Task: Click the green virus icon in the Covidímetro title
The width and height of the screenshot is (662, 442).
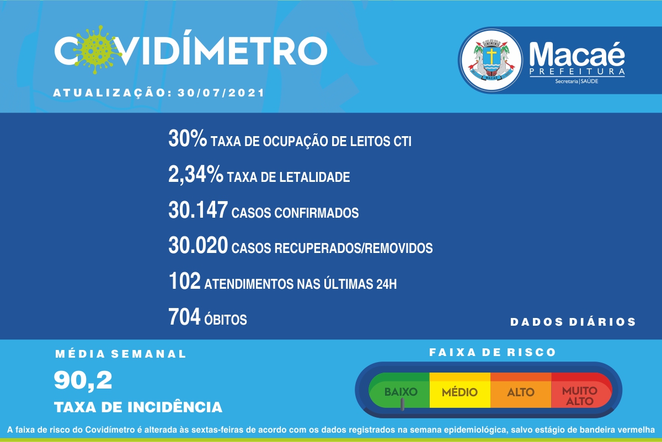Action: click(x=96, y=50)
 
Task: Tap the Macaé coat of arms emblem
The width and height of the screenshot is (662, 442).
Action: click(x=492, y=60)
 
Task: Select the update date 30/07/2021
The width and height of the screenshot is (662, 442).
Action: click(x=221, y=93)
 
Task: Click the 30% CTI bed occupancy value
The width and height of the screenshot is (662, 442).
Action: click(x=188, y=138)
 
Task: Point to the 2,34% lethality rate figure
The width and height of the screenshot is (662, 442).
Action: click(x=196, y=174)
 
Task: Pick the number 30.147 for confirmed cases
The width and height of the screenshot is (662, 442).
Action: click(x=198, y=210)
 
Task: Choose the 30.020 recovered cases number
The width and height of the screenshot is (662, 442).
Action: click(x=198, y=245)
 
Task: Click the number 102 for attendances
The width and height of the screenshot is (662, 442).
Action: click(x=184, y=281)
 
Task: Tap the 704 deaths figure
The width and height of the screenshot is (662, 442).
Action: click(x=184, y=317)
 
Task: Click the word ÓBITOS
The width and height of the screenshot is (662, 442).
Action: click(x=226, y=319)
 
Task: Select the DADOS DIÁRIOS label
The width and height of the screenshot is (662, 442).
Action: click(x=573, y=321)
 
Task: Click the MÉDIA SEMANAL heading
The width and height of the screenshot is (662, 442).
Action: click(x=121, y=354)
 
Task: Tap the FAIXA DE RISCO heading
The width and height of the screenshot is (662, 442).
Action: click(x=493, y=352)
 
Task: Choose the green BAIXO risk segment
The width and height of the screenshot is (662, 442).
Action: click(x=399, y=390)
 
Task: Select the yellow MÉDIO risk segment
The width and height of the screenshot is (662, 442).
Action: click(x=460, y=390)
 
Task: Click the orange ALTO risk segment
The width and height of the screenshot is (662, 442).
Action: click(x=521, y=390)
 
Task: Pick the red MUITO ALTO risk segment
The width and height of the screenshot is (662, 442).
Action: click(x=580, y=390)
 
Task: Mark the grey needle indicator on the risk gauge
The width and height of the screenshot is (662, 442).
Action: click(x=402, y=404)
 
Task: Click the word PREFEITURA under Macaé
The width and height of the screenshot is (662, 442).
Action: click(x=577, y=72)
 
